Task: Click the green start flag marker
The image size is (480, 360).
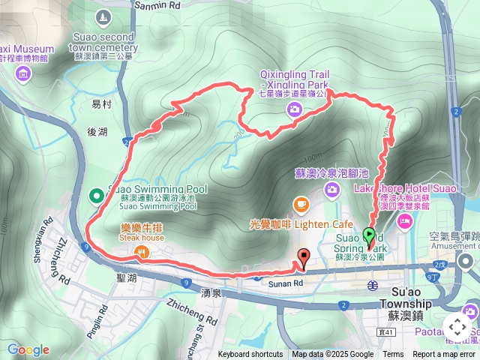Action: pyautogui.click(x=369, y=235)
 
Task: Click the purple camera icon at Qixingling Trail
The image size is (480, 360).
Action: pyautogui.click(x=295, y=110)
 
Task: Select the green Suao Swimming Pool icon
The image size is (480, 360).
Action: pyautogui.click(x=96, y=196)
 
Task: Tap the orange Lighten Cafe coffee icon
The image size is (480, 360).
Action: pyautogui.click(x=300, y=204)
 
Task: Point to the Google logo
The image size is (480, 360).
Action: pyautogui.click(x=28, y=349)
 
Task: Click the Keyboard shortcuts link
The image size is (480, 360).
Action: pyautogui.click(x=250, y=355)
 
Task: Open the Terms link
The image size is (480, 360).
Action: pyautogui.click(x=393, y=355)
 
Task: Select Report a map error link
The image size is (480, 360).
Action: pyautogui.click(x=444, y=355)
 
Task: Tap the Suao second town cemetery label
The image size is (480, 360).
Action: pyautogui.click(x=104, y=42)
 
